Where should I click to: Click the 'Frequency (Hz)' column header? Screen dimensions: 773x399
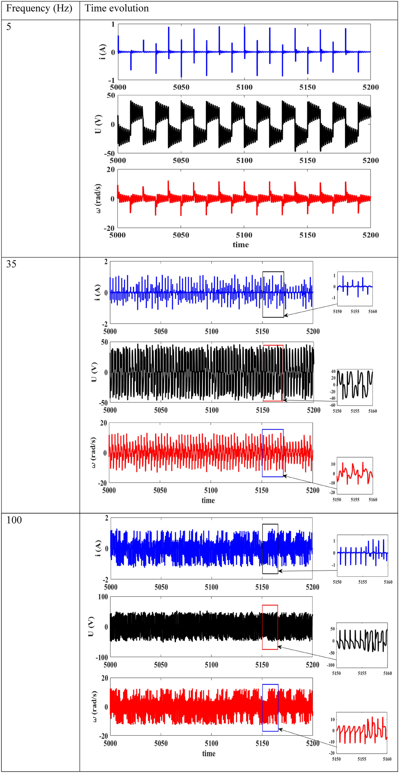39,9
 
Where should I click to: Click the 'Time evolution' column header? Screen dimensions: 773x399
116,9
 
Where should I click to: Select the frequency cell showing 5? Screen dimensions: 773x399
9,27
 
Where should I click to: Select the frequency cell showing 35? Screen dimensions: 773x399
11,264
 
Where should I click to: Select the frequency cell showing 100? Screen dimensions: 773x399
14,520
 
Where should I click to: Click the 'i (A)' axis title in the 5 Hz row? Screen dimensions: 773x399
102,52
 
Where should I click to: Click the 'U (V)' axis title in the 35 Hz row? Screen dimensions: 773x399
94,372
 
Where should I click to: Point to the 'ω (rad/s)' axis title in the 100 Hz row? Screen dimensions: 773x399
94,707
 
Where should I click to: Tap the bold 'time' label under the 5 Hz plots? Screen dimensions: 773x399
241,245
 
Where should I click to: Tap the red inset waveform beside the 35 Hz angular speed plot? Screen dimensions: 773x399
355,473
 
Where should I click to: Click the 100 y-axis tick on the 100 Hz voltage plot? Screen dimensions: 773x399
103,597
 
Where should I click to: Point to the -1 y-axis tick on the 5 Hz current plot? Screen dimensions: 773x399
112,80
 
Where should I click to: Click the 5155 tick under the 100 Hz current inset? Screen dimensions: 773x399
362,582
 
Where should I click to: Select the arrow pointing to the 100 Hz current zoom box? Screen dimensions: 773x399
307,571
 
